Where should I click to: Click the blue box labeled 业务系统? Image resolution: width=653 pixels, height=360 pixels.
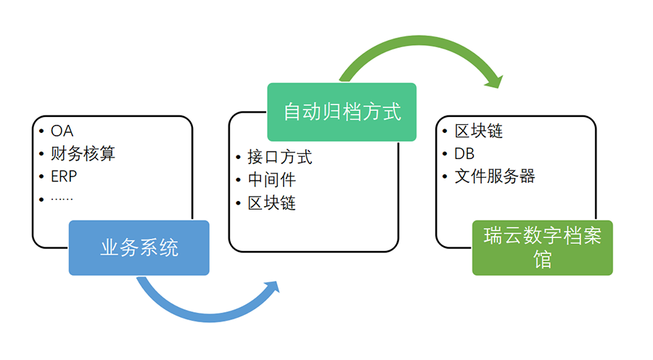click(x=139, y=248)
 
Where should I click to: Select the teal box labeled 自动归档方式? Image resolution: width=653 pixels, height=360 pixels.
click(x=342, y=112)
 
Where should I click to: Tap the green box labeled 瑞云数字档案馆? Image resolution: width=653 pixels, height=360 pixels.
click(x=542, y=248)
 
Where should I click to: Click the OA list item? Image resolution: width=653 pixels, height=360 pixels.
click(x=62, y=131)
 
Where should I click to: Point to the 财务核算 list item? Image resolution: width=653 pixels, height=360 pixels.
click(x=83, y=154)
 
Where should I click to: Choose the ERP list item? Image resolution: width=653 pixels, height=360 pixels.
click(x=64, y=176)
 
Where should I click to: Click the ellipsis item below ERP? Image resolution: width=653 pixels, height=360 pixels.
click(x=62, y=199)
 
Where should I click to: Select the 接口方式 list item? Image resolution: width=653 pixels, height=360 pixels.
click(x=280, y=157)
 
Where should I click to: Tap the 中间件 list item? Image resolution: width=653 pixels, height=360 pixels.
click(x=272, y=180)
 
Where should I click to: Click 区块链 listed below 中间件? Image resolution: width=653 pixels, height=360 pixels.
click(x=272, y=203)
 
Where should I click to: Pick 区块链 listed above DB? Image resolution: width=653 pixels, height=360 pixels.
click(x=479, y=131)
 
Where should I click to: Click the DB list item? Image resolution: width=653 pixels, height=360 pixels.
click(x=464, y=154)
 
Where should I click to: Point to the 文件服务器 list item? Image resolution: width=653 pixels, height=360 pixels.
click(x=495, y=176)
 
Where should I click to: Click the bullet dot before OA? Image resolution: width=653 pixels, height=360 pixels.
click(x=41, y=131)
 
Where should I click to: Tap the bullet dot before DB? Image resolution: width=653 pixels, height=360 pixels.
click(x=445, y=154)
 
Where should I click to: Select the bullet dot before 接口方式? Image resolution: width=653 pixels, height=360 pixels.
click(x=238, y=157)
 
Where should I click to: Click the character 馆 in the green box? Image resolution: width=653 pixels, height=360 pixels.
click(x=542, y=260)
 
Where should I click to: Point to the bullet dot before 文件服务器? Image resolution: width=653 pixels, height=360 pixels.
click(x=445, y=176)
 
